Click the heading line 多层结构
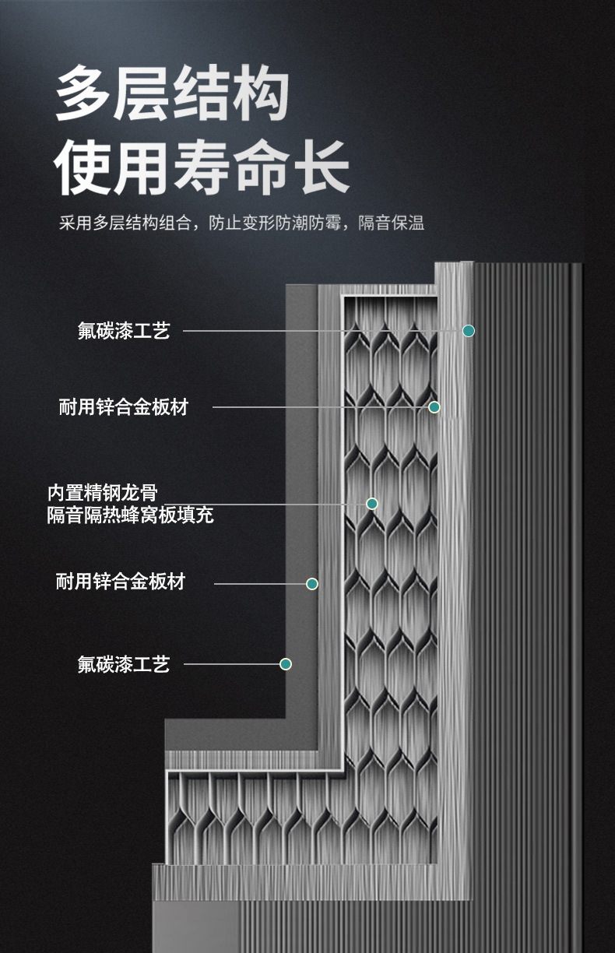point(172,95)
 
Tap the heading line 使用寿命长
point(201,166)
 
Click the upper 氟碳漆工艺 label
point(123,331)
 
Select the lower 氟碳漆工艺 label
point(123,664)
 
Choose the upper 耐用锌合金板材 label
point(123,406)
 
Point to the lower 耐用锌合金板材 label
point(121,582)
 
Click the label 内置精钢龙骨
point(102,492)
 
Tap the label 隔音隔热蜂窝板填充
point(130,515)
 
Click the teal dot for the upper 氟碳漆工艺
point(469,331)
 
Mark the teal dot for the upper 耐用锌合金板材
point(434,407)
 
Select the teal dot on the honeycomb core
point(372,504)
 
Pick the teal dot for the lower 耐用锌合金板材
point(312,584)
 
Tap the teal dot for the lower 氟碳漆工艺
point(286,664)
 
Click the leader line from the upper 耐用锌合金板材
point(319,407)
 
